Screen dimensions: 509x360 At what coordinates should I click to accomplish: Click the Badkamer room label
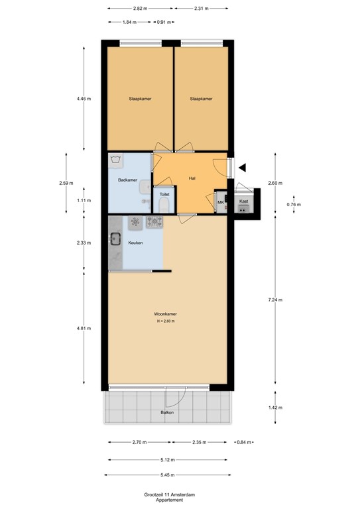click(127, 180)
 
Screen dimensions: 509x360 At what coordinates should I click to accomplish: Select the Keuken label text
click(136, 243)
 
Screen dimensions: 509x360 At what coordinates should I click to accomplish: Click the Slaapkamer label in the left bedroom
click(140, 99)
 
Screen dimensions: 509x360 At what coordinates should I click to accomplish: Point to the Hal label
click(192, 178)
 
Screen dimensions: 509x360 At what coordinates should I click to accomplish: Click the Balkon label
click(167, 413)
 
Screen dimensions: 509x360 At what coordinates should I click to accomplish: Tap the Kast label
click(243, 201)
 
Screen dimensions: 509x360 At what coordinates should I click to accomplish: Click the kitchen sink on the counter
click(116, 239)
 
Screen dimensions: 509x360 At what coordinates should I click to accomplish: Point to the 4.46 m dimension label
click(84, 99)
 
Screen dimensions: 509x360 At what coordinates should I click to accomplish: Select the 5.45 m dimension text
click(168, 474)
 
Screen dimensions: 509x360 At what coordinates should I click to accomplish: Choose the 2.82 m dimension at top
click(140, 9)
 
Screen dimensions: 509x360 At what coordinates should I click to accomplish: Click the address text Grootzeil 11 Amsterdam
click(168, 494)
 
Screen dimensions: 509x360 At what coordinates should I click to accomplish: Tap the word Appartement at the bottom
click(168, 500)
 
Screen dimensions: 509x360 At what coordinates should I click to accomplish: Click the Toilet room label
click(164, 195)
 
